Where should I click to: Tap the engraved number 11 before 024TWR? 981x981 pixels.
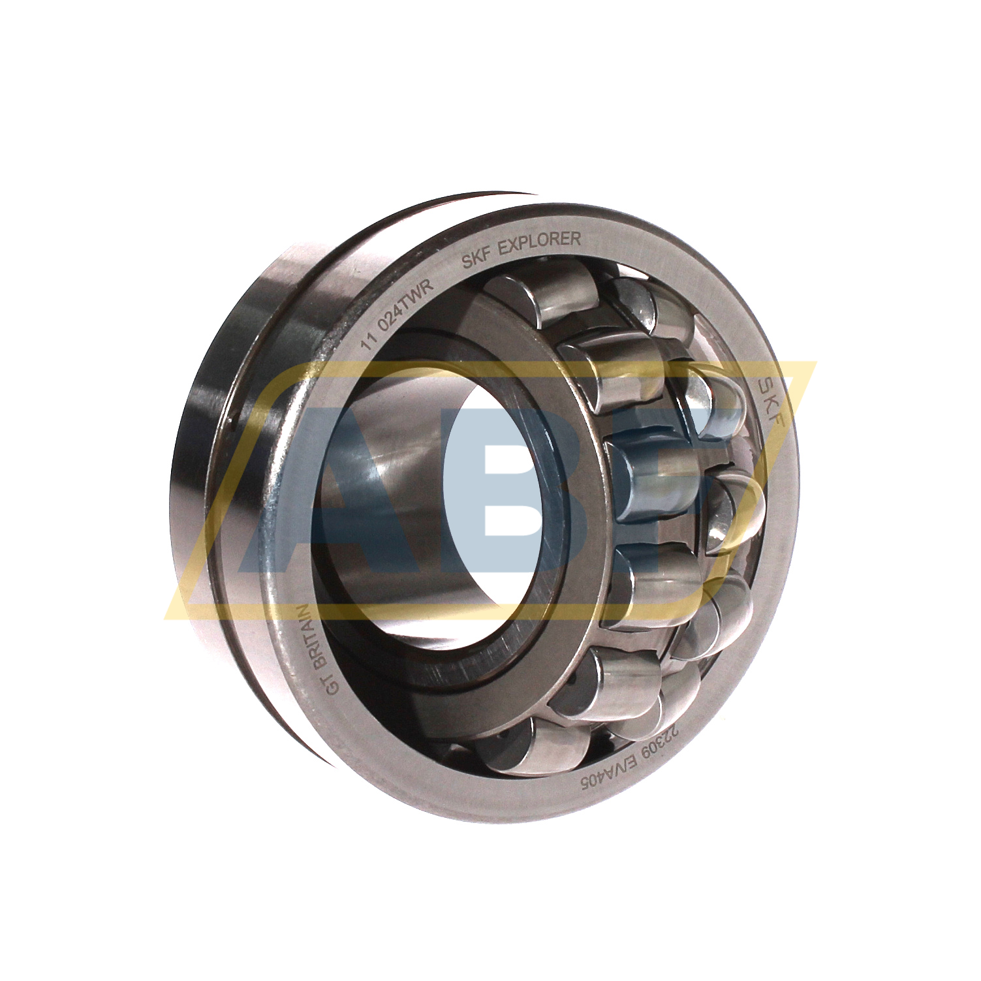[371, 341]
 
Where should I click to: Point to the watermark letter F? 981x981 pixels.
[711, 483]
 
